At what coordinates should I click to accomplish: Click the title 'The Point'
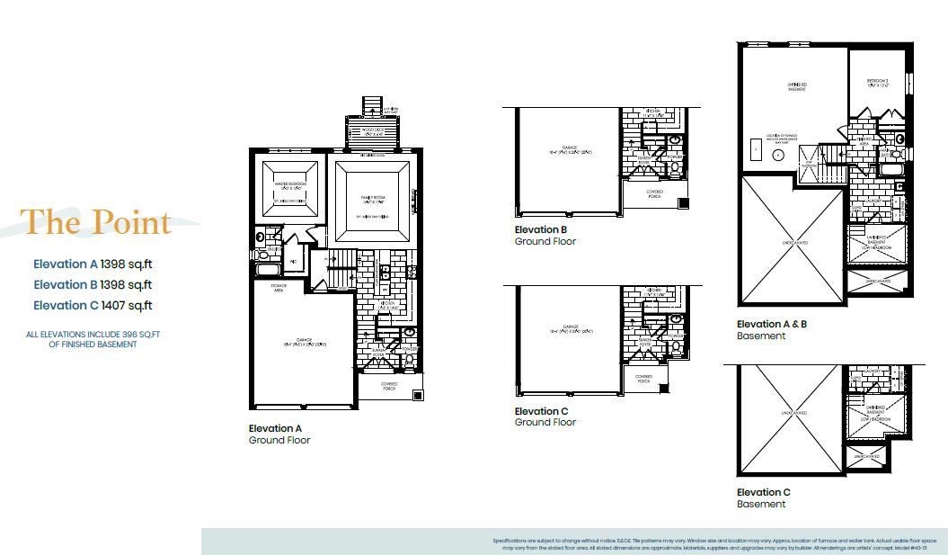tap(96, 221)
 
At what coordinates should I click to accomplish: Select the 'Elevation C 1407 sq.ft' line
tap(93, 305)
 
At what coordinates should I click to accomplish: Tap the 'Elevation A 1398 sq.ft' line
tap(93, 264)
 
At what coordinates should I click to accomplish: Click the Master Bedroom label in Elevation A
tap(290, 184)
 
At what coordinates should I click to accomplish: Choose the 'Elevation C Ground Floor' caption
tap(545, 416)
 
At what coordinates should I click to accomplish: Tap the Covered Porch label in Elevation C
tap(643, 379)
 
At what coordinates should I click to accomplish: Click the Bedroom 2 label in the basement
tap(878, 82)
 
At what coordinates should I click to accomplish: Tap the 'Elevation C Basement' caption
tap(764, 497)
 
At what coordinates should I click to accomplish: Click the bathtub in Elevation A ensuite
tap(268, 269)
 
